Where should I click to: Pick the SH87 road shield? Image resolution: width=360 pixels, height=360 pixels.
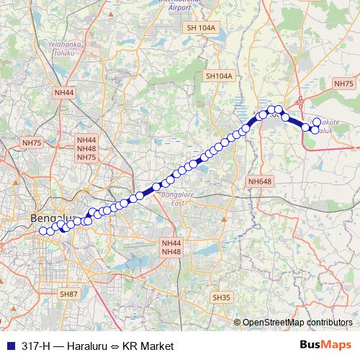pos(69,294)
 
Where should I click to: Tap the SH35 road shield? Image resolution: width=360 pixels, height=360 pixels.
pos(220,297)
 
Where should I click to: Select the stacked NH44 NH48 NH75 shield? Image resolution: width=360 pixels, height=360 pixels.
pos(86,148)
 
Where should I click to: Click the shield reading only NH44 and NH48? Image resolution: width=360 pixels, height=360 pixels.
pos(171,247)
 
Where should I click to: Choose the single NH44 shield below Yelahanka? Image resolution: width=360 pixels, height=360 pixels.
pos(64,93)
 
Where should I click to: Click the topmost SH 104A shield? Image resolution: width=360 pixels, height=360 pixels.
pos(201,27)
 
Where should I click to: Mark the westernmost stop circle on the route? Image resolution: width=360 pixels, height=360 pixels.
pos(42,231)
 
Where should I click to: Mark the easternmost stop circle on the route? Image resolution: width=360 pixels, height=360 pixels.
pos(317,123)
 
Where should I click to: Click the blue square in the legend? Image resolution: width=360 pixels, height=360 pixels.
pos(9,346)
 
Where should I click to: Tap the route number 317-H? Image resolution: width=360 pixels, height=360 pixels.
pos(32,346)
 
